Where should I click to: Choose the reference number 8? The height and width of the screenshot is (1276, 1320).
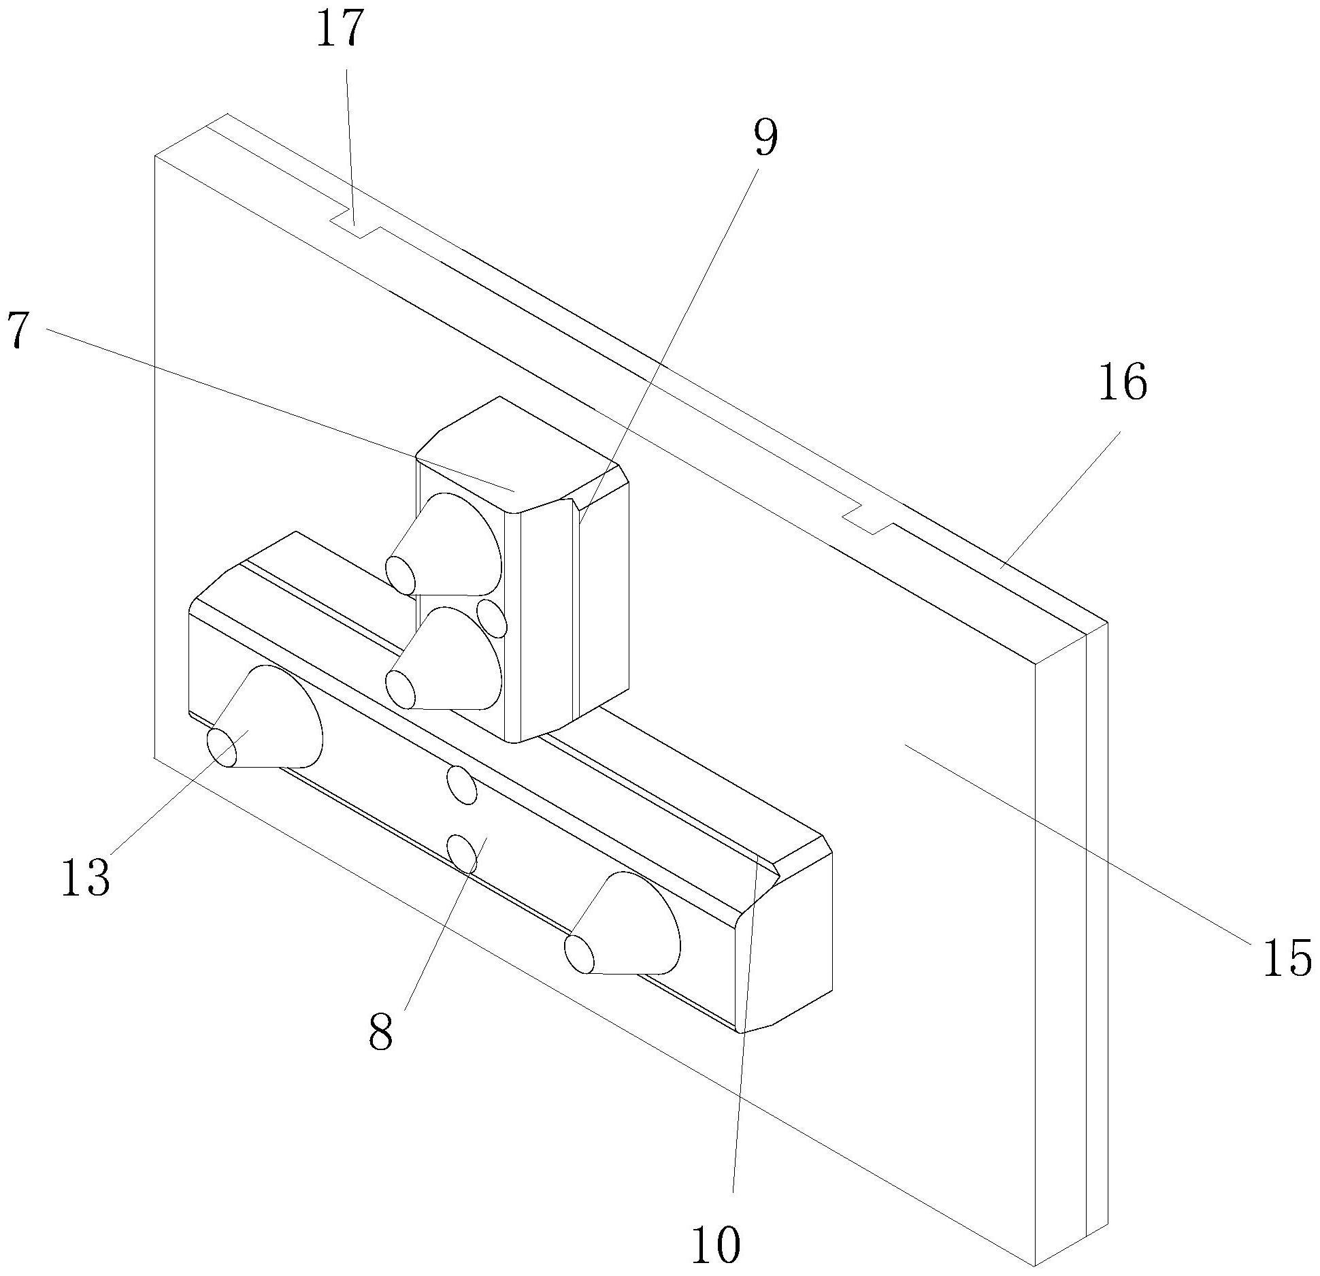coord(381,1032)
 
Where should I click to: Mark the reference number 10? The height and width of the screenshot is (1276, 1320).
coord(716,1245)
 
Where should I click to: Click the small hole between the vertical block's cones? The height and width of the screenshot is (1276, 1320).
coord(491,617)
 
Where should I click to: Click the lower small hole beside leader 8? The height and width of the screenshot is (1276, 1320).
coord(462,855)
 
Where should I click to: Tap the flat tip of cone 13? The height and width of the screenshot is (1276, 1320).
coord(222,747)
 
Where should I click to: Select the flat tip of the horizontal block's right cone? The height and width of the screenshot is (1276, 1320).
coord(580,953)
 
